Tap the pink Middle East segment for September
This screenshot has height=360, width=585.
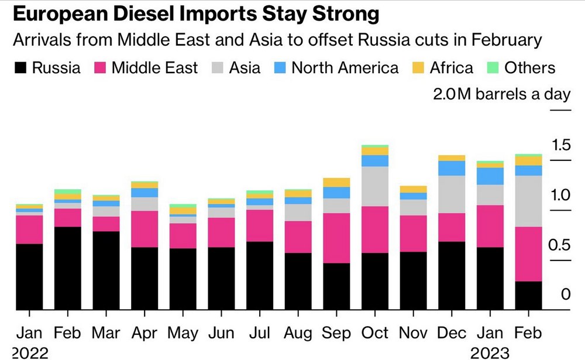(336, 238)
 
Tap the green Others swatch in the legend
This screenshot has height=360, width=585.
(493, 68)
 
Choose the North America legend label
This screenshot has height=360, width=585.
(345, 68)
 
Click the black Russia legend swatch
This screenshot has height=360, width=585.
(20, 68)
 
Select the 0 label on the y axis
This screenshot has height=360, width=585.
(565, 294)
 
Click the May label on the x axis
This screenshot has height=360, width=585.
(183, 333)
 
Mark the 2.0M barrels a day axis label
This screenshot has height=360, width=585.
(501, 94)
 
